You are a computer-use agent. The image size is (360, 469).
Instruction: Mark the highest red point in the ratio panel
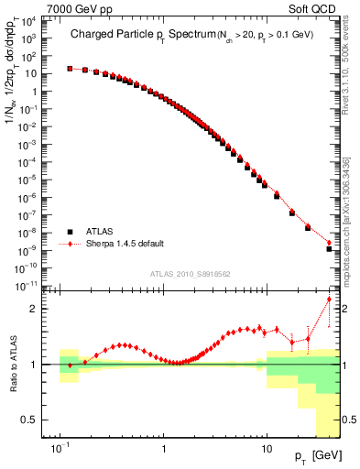[x=329, y=300]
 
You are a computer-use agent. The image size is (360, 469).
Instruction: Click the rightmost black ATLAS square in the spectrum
[x=329, y=249]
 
